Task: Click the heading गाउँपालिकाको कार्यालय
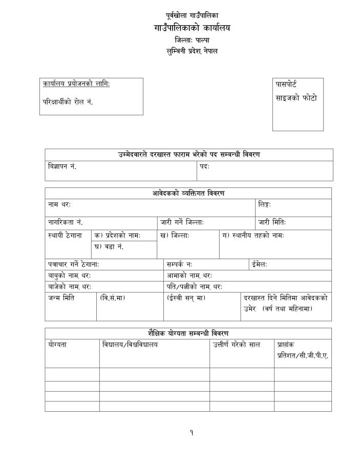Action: [192, 28]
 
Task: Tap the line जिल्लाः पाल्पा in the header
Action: [192, 40]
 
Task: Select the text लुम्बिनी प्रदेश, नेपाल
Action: [192, 51]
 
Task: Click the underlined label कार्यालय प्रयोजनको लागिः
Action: [76, 84]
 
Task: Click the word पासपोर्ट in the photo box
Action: [286, 84]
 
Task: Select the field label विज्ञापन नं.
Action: [62, 167]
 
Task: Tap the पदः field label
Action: [205, 167]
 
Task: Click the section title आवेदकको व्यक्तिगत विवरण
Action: [188, 194]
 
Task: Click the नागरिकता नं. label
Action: [65, 222]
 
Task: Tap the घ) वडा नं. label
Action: [109, 247]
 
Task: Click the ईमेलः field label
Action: [260, 264]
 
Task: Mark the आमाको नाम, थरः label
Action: [189, 276]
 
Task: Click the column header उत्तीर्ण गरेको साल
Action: [237, 345]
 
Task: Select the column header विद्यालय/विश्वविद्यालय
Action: [130, 345]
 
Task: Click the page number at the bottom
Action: [191, 433]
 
